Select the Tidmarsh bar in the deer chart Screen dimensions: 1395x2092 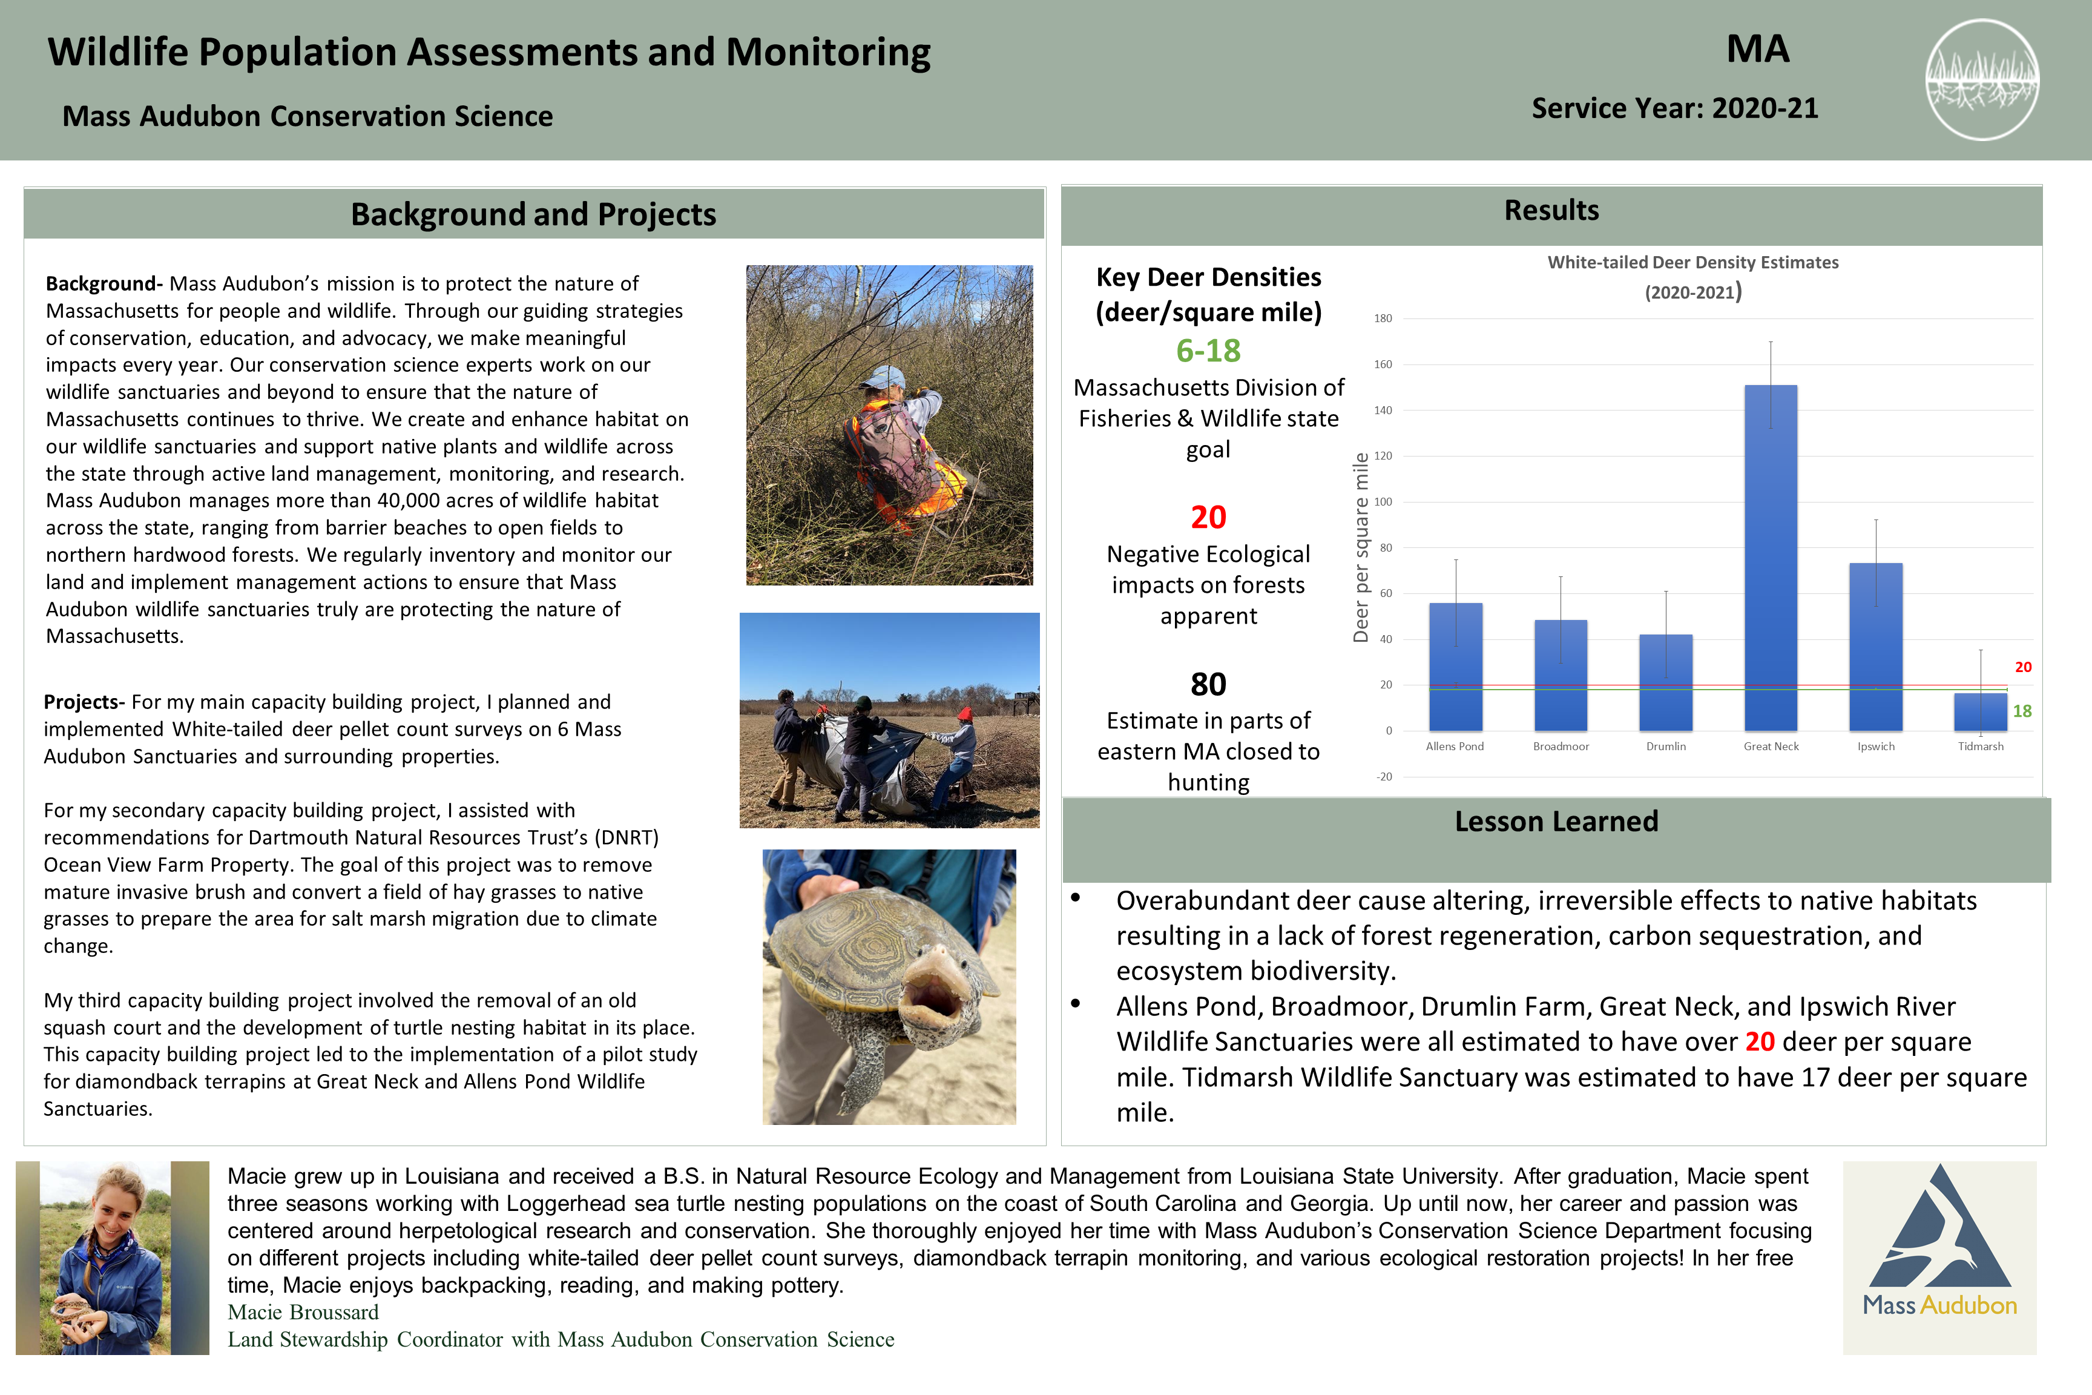(x=1980, y=712)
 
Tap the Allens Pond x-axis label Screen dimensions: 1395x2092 (x=1454, y=747)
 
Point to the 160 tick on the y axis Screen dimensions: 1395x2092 (x=1383, y=364)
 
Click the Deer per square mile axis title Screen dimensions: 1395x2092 (x=1361, y=547)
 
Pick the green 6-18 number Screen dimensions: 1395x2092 (x=1208, y=351)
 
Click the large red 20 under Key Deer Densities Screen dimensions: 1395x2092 (x=1208, y=517)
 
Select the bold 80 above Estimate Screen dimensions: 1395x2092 (x=1208, y=684)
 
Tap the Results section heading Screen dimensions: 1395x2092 (x=1551, y=211)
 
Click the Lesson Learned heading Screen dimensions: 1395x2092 (x=1556, y=821)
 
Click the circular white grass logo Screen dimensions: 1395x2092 (x=1982, y=80)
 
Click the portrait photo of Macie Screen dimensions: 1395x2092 (x=112, y=1257)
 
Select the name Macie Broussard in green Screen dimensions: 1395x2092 (x=303, y=1312)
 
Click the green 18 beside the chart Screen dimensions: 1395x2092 (x=2022, y=711)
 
